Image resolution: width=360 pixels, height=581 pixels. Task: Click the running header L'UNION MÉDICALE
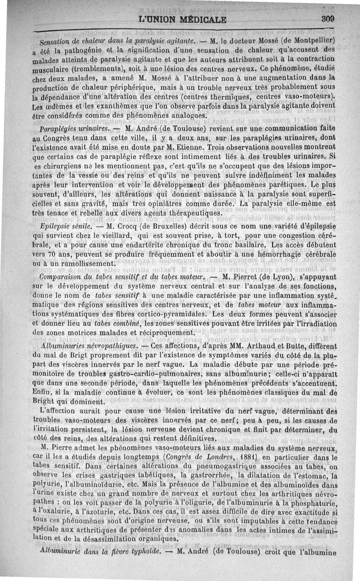[183, 20]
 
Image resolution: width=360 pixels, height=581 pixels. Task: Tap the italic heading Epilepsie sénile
[66, 225]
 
